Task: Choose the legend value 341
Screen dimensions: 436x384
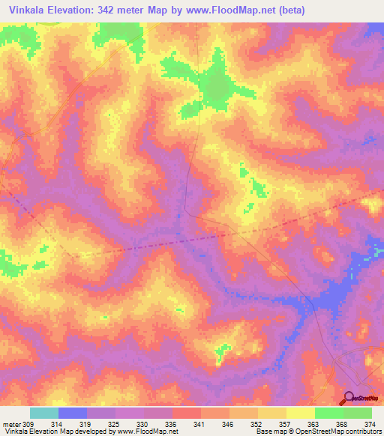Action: (x=199, y=424)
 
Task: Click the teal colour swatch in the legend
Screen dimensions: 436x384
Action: (x=43, y=413)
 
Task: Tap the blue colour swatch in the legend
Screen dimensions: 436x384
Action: (x=72, y=413)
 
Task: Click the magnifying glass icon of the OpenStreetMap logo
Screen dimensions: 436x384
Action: (x=348, y=397)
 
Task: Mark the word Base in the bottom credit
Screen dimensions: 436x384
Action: (x=263, y=432)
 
